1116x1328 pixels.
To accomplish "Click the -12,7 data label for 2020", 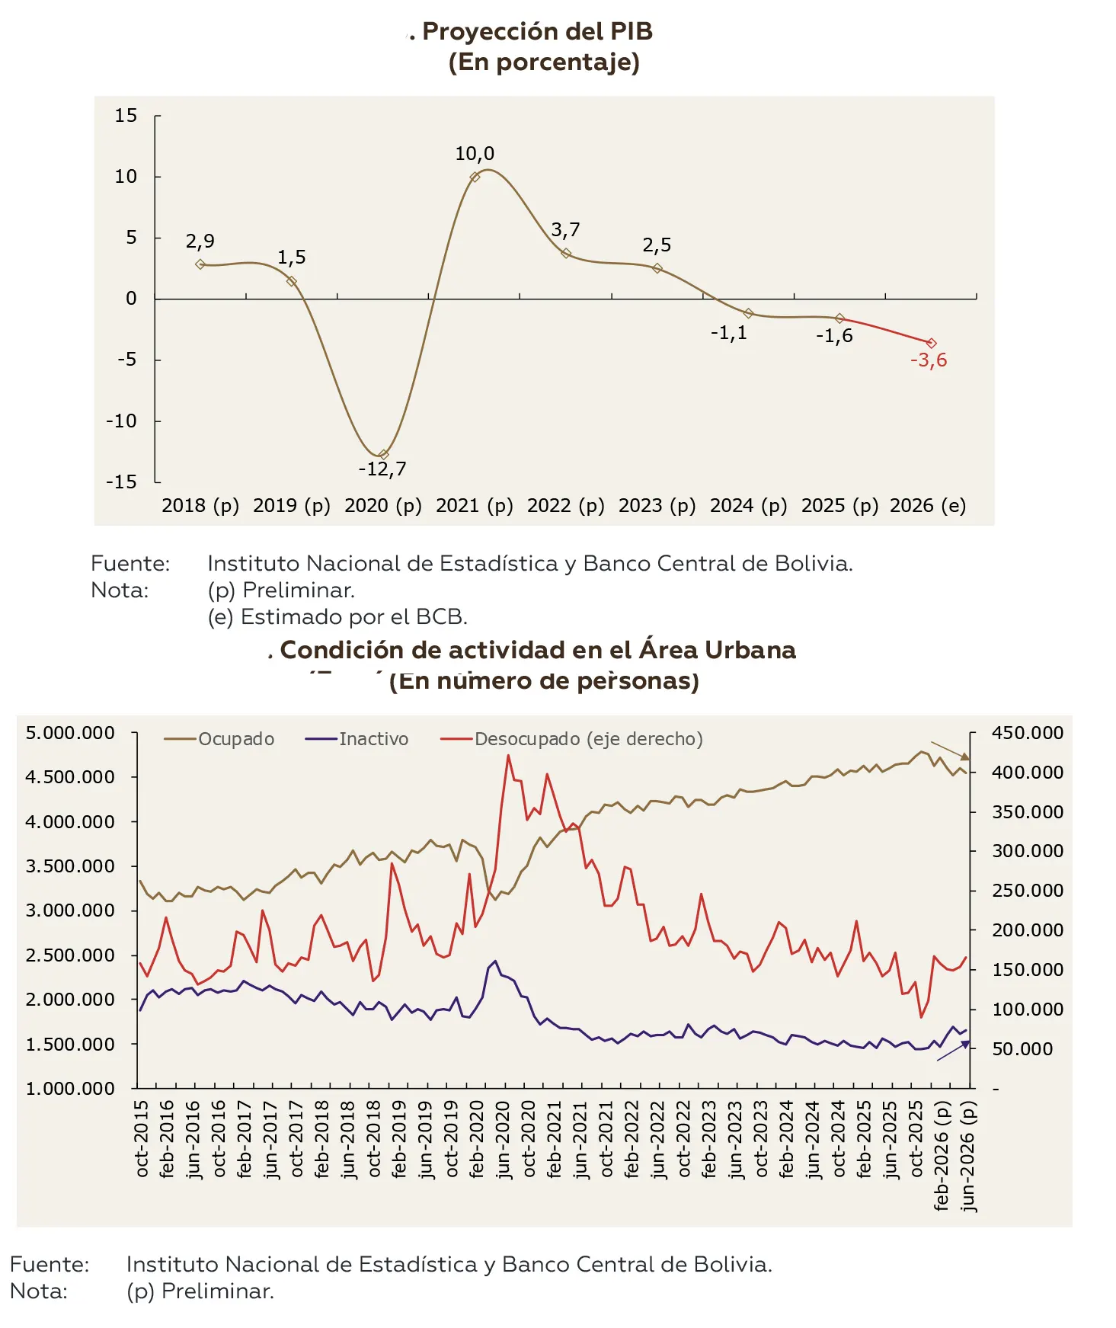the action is [382, 469].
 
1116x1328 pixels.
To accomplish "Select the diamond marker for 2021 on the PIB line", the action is [475, 177].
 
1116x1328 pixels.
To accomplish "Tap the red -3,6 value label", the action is [929, 360].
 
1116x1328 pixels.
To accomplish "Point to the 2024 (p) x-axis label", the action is [748, 506].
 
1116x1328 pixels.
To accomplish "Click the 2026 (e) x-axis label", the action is [928, 506].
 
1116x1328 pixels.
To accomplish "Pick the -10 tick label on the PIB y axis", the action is [122, 421].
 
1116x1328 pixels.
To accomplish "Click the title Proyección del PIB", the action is [537, 31].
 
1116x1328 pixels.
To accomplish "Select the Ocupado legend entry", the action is [219, 739].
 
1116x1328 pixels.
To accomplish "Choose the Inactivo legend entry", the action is [357, 739].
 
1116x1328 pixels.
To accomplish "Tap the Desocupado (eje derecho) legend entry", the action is [571, 739].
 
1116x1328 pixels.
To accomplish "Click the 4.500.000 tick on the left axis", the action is [70, 777].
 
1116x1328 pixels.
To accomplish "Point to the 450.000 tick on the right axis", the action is [1028, 733].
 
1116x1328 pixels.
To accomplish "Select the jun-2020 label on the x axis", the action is [504, 1139].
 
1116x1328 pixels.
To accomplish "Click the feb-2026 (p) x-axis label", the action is [942, 1155].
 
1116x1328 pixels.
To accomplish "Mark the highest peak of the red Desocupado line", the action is [508, 755].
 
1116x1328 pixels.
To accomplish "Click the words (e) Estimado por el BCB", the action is [337, 616].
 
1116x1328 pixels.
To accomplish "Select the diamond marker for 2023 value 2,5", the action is [657, 268].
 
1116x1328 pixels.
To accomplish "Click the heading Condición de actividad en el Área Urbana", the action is [538, 650].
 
